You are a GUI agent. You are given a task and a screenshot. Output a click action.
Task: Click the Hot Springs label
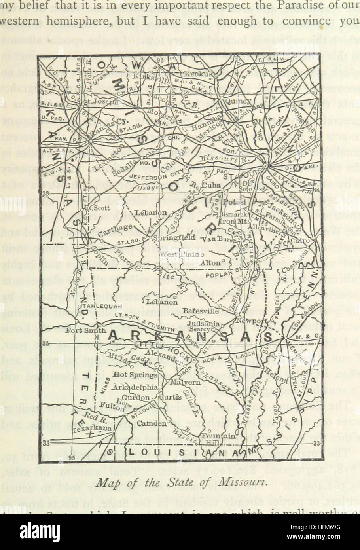coord(132,374)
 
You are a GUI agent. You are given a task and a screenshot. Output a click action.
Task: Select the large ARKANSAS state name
coord(188,336)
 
